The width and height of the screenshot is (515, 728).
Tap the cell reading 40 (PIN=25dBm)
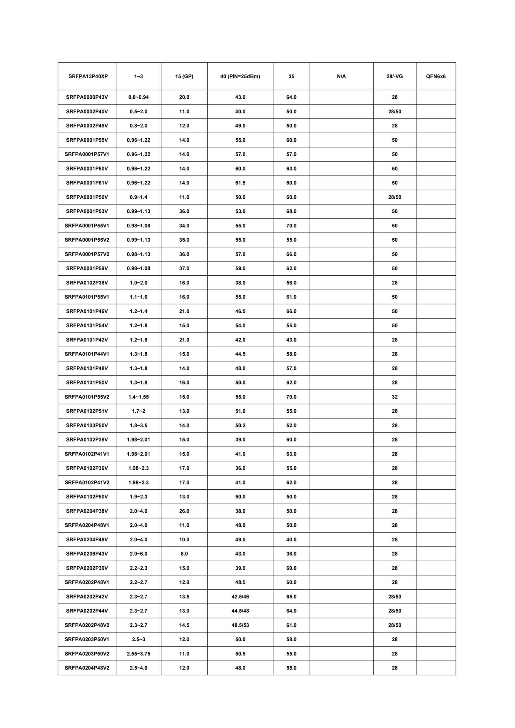point(240,76)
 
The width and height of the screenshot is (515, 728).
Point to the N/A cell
point(341,76)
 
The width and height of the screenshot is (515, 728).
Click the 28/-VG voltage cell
point(395,76)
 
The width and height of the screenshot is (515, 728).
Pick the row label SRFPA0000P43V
point(87,97)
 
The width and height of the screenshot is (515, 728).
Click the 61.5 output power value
point(240,183)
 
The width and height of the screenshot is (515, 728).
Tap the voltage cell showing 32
point(395,397)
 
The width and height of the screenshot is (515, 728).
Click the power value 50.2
point(240,426)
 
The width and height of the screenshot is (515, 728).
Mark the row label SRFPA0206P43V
point(87,554)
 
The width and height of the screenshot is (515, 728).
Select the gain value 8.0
point(184,554)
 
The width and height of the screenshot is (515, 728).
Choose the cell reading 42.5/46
point(240,597)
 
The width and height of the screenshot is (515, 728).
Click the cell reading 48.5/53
point(240,625)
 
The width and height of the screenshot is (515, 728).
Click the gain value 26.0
point(184,511)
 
